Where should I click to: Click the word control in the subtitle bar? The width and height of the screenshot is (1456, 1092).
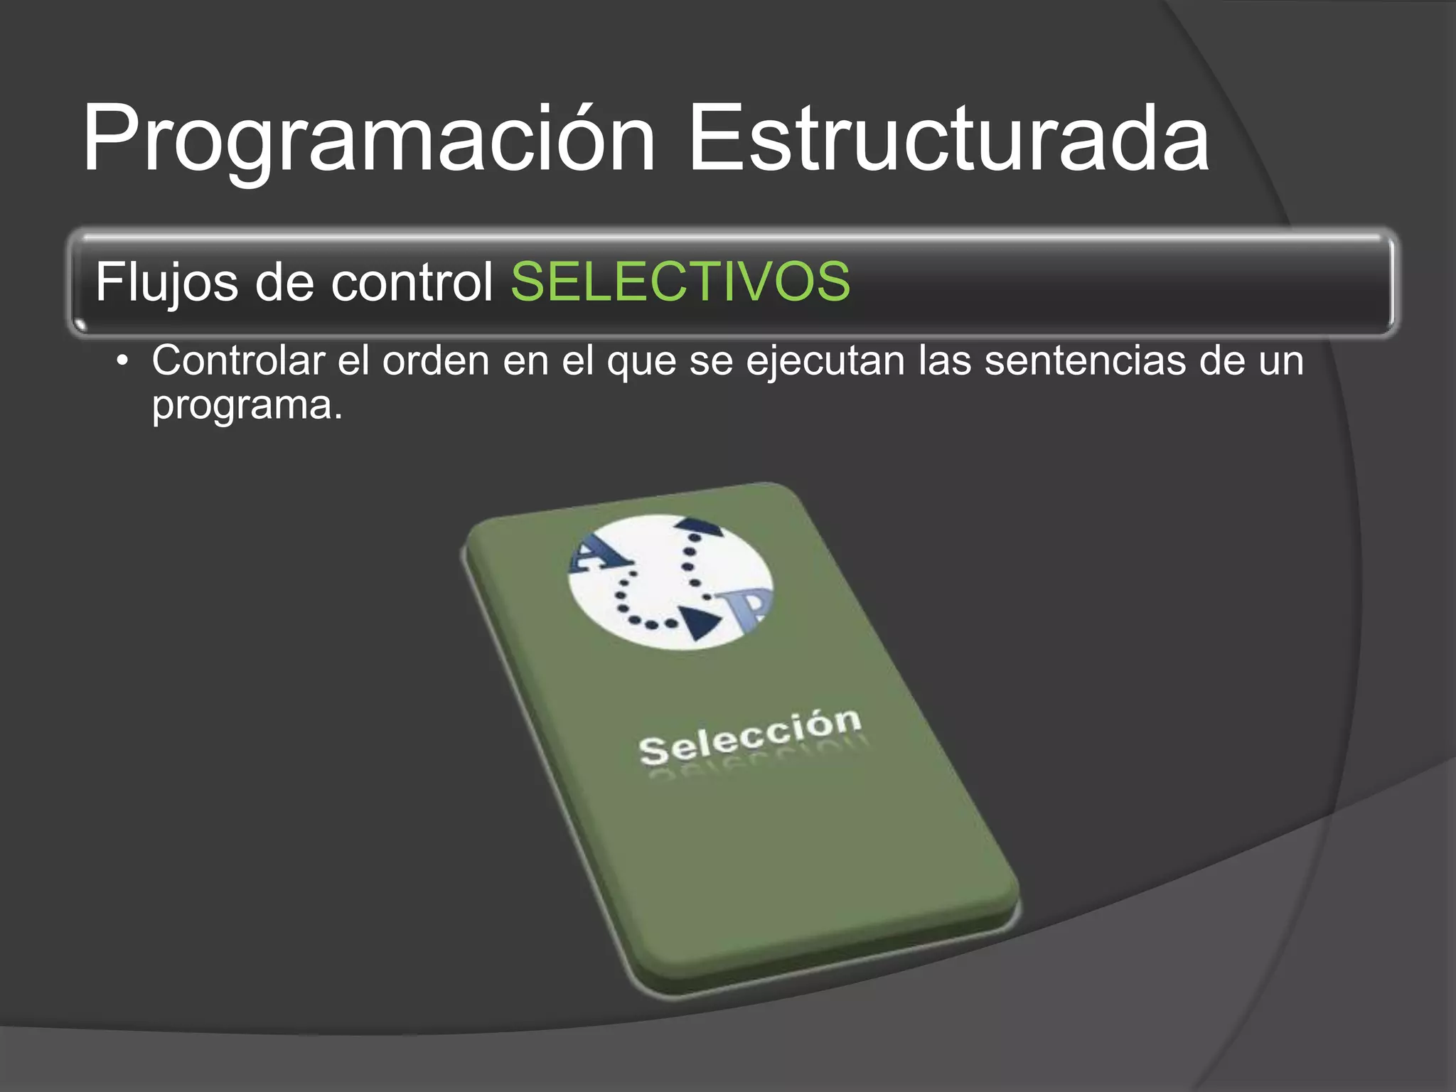point(412,282)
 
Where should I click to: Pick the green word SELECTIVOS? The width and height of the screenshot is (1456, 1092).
point(680,282)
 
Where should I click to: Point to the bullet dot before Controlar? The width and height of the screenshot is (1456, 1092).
point(123,361)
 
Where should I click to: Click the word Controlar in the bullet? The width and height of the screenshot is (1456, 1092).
point(238,360)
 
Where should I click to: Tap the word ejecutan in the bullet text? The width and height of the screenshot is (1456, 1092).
point(825,362)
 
